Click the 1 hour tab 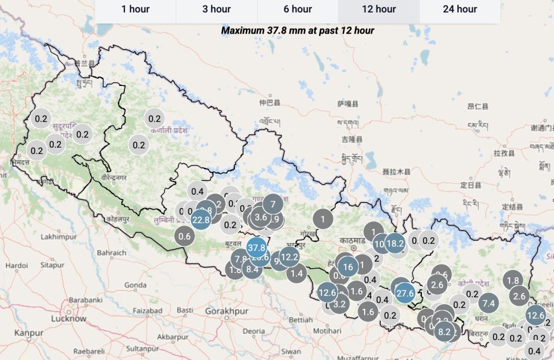(135, 9)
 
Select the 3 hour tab (216, 9)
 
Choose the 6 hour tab (298, 9)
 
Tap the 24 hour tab (460, 9)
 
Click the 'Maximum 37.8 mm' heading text (298, 30)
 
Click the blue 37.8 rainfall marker (256, 248)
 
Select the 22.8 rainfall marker (201, 219)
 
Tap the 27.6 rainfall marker (405, 292)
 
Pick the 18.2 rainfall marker (395, 243)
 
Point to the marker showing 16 (348, 267)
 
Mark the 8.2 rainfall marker (445, 332)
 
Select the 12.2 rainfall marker (289, 257)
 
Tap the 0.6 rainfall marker (185, 236)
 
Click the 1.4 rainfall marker (296, 274)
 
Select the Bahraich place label (111, 252)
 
